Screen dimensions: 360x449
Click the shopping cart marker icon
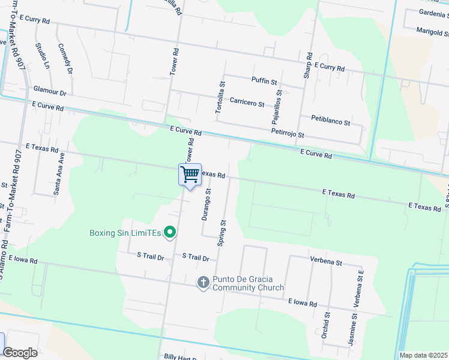tap(190, 175)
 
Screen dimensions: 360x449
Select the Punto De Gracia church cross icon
tap(203, 282)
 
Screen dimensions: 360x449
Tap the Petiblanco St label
tap(331, 122)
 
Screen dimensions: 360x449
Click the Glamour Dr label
tap(50, 91)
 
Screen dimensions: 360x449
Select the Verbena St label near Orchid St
tap(326, 262)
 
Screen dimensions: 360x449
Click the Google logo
tap(20, 353)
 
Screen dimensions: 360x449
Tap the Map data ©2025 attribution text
tap(423, 355)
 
